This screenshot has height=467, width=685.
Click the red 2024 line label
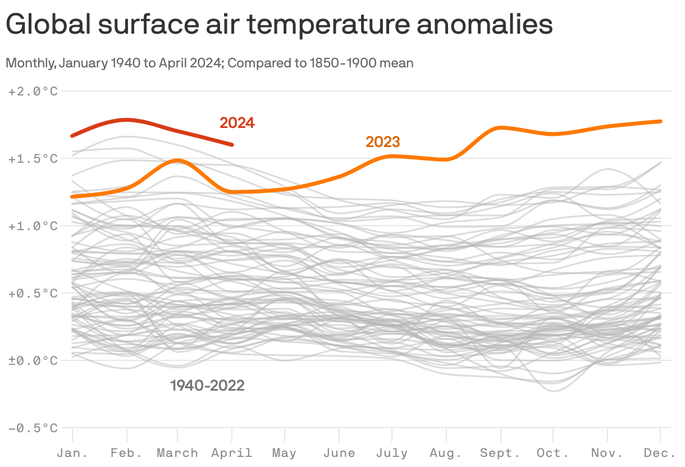coord(237,123)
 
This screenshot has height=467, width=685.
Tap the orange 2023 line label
coord(383,142)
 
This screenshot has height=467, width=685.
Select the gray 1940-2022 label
coord(207,386)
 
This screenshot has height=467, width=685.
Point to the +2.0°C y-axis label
coord(33,91)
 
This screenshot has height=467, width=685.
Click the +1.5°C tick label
coord(33,159)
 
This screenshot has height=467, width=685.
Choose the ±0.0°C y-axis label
coord(33,360)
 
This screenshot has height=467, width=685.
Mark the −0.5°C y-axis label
coord(33,428)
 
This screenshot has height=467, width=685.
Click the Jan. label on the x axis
coord(72,453)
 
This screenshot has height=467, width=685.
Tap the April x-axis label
coord(232,453)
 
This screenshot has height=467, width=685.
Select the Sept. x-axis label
coord(500,453)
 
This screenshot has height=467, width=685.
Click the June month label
coord(339,453)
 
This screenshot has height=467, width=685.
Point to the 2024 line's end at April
coord(232,145)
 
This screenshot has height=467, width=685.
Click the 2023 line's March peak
coord(177,161)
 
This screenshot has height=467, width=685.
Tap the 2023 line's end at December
coord(660,121)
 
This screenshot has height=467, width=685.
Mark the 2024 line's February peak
coord(127,120)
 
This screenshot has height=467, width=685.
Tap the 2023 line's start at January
coord(72,196)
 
